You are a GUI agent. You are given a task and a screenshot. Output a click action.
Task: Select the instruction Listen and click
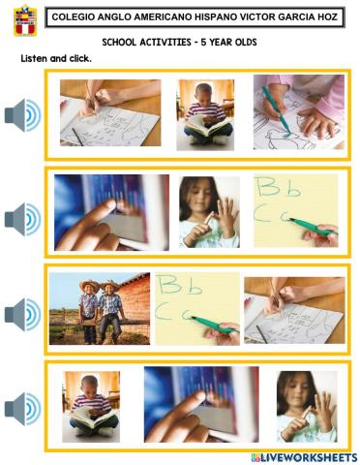click(56, 59)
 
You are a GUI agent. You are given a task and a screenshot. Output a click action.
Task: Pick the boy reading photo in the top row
click(204, 114)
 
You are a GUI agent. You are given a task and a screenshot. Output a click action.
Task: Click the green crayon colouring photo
click(298, 113)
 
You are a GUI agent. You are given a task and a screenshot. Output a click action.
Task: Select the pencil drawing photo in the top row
click(109, 114)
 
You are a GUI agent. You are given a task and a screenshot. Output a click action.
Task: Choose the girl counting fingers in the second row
click(209, 211)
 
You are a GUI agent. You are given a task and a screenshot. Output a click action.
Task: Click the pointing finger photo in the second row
click(111, 212)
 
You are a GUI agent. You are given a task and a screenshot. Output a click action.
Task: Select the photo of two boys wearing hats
click(100, 308)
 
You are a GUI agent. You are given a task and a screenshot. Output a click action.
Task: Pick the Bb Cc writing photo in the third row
click(197, 308)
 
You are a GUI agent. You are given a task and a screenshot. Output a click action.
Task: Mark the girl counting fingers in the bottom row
click(307, 406)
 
